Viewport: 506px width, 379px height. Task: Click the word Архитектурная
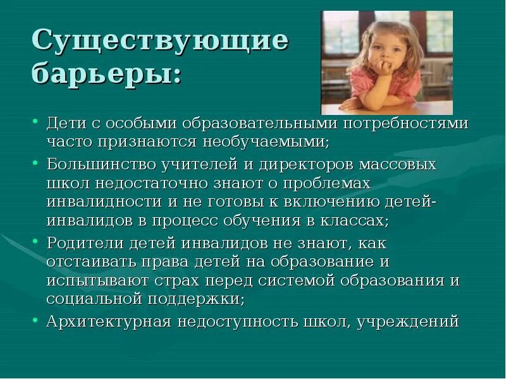tap(109, 322)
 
